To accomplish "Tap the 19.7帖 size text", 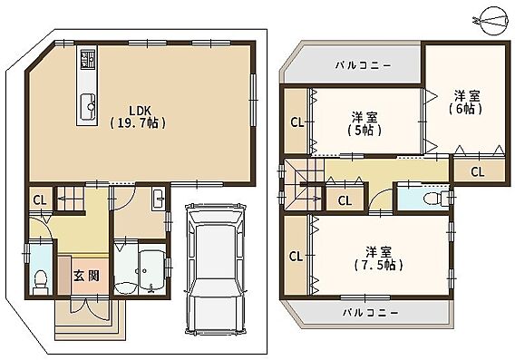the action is click(x=138, y=123).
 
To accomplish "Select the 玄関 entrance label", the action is click(x=86, y=276).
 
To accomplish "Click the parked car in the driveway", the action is click(x=216, y=268).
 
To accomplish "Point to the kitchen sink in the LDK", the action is click(x=88, y=105).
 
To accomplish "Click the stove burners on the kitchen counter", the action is click(x=88, y=58).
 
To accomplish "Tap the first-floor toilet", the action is click(x=41, y=281).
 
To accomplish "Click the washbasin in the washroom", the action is click(x=159, y=199).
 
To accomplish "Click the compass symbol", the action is click(x=492, y=22).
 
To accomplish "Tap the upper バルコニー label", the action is click(x=364, y=65).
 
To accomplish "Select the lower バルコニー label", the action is click(x=371, y=312).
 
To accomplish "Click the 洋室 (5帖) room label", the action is click(x=364, y=124).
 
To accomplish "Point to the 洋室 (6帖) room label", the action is click(x=466, y=102).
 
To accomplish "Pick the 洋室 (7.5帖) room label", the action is click(x=379, y=258).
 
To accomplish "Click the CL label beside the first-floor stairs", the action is click(x=41, y=200).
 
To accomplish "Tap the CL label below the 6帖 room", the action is click(x=478, y=171).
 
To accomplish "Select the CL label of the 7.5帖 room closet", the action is click(x=296, y=257).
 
